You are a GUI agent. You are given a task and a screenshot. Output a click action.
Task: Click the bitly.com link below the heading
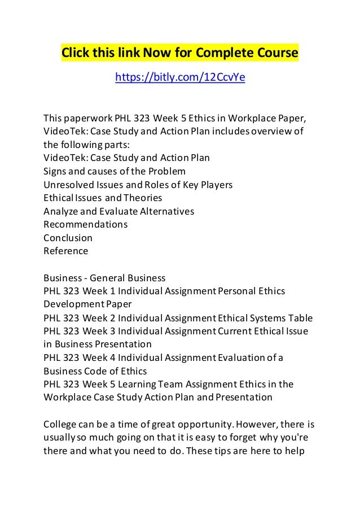180,77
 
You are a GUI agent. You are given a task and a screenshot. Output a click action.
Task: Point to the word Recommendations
85,224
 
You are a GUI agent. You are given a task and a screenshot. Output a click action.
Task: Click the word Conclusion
68,238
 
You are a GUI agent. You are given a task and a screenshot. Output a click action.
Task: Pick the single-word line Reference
66,251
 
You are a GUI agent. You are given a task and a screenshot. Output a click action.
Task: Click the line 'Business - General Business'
104,278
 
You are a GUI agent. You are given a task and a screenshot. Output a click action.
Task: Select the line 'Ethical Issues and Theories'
103,198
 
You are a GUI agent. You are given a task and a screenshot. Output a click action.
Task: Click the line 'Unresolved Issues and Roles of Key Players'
138,184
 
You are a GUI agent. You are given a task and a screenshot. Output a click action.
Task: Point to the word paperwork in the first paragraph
89,117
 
